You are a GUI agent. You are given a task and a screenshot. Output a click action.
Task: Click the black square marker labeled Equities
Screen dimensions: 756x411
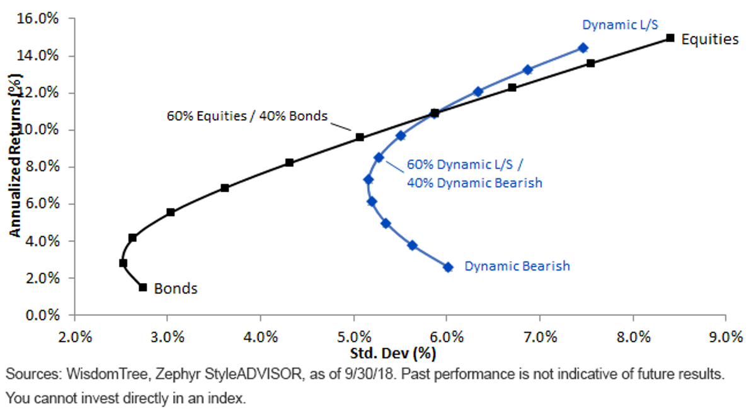tap(670, 38)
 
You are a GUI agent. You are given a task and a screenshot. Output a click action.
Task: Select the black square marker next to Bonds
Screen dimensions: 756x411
tap(143, 287)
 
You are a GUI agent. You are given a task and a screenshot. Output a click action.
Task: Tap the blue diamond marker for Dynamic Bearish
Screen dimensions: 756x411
tap(448, 267)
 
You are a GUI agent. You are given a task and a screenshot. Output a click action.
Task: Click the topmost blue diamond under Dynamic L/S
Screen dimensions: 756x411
tap(583, 48)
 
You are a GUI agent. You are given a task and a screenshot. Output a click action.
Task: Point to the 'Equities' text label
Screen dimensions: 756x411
tap(710, 40)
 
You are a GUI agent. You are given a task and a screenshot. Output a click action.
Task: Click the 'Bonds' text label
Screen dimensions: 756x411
tap(176, 289)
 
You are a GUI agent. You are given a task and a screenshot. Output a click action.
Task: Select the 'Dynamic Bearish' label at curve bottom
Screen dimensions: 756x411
tap(517, 266)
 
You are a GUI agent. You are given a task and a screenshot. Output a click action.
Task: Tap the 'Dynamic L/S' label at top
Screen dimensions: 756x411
tap(621, 25)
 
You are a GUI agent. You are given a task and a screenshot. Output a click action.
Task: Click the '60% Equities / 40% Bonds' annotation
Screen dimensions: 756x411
tap(247, 116)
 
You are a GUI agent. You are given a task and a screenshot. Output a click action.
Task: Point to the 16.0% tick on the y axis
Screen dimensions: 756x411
tap(37, 18)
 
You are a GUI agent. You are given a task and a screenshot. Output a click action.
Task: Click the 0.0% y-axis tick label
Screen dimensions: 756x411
tap(42, 315)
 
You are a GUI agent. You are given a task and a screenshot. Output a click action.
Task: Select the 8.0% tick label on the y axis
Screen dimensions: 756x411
tap(42, 166)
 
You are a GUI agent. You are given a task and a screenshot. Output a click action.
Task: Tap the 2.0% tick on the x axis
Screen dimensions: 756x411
tap(75, 337)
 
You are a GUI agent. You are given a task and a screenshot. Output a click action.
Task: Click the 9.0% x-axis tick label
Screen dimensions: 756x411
tap(726, 337)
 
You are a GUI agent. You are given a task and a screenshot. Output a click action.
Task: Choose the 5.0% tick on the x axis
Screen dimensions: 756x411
tap(354, 337)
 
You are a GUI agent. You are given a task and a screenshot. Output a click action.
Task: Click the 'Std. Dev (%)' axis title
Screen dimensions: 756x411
tap(393, 354)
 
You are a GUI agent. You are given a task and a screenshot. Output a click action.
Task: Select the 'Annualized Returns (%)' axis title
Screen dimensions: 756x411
tap(14, 155)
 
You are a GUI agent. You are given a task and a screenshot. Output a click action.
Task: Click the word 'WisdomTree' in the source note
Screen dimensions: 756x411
tap(106, 374)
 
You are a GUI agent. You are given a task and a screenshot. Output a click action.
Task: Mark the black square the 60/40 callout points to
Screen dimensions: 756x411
tap(360, 137)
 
